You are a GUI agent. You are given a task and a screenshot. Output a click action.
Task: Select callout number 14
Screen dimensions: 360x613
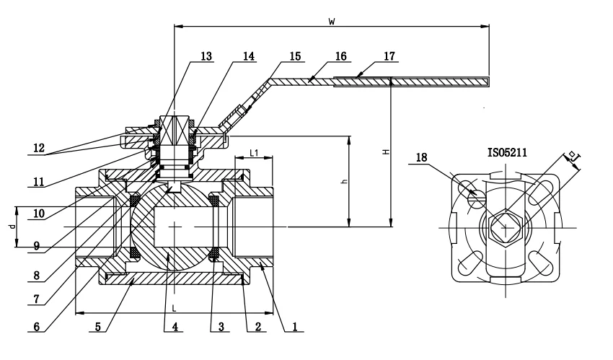point(249,56)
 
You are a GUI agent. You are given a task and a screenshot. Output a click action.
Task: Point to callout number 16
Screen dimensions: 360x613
point(342,56)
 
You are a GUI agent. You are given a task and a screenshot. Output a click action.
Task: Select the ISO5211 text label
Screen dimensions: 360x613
point(508,153)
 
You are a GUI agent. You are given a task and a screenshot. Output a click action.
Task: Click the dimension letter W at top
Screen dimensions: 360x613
point(331,22)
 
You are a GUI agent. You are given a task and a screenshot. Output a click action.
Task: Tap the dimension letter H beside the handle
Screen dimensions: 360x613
point(386,152)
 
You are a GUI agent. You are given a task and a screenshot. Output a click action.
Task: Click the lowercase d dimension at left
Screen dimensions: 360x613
point(11,227)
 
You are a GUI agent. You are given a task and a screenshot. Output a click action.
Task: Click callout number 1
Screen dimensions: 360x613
point(294,326)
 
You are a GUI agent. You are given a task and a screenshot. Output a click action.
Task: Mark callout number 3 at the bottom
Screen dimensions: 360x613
point(221,326)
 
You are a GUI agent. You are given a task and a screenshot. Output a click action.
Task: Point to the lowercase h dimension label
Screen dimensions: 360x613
point(345,183)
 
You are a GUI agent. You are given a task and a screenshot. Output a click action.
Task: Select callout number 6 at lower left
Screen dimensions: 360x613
point(37,326)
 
